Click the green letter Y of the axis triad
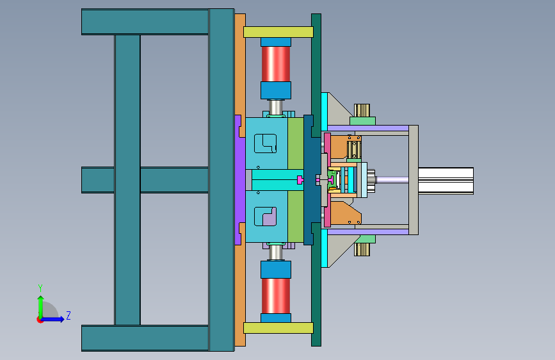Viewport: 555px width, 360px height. pyautogui.click(x=40, y=288)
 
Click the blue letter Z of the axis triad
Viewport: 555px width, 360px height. pyautogui.click(x=68, y=315)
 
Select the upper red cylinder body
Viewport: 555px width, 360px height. pyautogui.click(x=276, y=64)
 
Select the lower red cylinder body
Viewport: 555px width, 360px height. pyautogui.click(x=276, y=296)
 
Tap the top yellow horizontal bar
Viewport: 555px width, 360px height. pyautogui.click(x=278, y=32)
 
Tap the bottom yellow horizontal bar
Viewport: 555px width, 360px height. pyautogui.click(x=278, y=328)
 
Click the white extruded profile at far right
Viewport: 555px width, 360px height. pyautogui.click(x=446, y=181)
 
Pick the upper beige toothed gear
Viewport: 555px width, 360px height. pyautogui.click(x=362, y=110)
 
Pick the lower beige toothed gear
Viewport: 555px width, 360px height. pyautogui.click(x=362, y=249)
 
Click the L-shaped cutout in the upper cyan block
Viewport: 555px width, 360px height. pyautogui.click(x=266, y=143)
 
